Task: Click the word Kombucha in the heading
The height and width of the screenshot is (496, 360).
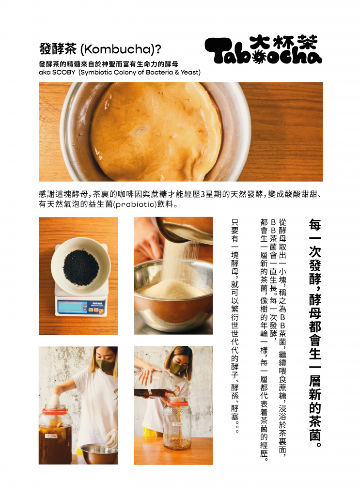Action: (x=118, y=49)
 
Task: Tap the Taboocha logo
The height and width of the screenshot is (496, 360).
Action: (x=263, y=49)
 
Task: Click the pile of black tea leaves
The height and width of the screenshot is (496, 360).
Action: (x=80, y=267)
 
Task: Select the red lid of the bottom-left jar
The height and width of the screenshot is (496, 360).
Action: (x=55, y=411)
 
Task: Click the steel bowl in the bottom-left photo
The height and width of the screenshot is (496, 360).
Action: (x=98, y=453)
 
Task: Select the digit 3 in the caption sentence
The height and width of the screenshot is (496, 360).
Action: (x=203, y=194)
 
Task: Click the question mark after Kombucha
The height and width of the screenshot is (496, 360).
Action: (x=158, y=49)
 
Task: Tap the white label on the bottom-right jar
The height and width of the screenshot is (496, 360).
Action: (x=177, y=424)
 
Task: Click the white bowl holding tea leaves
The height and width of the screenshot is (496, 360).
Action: (x=80, y=265)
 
